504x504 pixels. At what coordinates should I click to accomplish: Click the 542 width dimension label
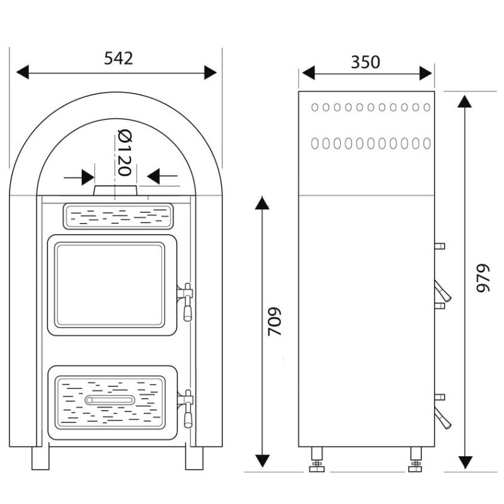[118, 59]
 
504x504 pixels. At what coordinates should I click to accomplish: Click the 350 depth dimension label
[365, 62]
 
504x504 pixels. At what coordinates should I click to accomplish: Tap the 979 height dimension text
[483, 278]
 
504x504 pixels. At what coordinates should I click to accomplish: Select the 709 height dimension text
[275, 321]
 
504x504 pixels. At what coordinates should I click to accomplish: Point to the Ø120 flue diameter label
[125, 152]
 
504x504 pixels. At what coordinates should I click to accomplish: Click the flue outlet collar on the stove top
[116, 190]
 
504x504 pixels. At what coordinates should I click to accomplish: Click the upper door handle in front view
[186, 302]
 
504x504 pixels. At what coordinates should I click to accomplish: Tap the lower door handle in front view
[186, 408]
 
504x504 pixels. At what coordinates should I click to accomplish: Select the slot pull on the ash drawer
[110, 400]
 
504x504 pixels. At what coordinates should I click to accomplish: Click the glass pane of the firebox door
[110, 285]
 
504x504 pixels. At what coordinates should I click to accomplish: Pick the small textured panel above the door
[118, 216]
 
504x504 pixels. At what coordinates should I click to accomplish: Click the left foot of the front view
[40, 458]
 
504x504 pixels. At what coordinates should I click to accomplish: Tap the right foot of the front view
[194, 458]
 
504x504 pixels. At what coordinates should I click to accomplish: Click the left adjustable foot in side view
[317, 460]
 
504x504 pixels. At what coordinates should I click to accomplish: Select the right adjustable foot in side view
[416, 460]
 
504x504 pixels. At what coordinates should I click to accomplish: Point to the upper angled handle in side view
[443, 291]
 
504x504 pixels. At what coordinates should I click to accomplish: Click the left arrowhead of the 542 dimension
[23, 72]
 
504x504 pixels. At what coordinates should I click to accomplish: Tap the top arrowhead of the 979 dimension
[464, 101]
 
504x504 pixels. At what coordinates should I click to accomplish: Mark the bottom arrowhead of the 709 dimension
[262, 461]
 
